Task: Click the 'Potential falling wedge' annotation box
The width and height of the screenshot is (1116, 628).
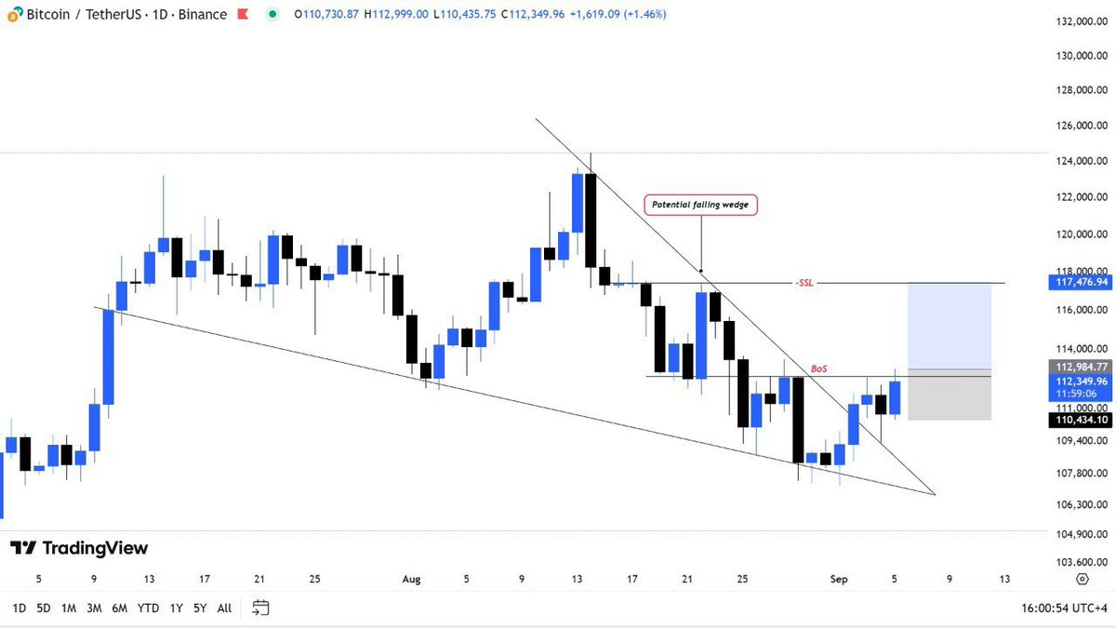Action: (x=701, y=205)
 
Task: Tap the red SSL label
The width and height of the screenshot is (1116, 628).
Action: (x=804, y=282)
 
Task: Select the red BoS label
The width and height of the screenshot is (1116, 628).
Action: (x=818, y=368)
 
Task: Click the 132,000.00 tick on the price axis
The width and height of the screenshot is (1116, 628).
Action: (x=1079, y=20)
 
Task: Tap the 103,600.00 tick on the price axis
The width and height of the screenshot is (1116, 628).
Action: (x=1079, y=563)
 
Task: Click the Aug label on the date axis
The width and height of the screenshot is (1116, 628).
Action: (x=412, y=579)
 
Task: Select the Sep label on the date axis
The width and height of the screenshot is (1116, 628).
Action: (x=840, y=579)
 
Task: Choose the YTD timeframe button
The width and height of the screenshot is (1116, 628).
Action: (x=148, y=608)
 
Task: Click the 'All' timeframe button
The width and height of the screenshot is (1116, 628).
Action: (x=224, y=608)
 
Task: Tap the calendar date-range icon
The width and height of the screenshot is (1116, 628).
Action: (x=260, y=608)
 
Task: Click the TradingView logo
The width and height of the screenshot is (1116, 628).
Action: (x=79, y=548)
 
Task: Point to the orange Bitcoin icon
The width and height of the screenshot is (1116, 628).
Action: (x=15, y=15)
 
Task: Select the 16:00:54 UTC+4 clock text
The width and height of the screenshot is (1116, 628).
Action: (x=1063, y=608)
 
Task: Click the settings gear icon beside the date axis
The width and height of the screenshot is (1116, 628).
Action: (x=1082, y=579)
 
